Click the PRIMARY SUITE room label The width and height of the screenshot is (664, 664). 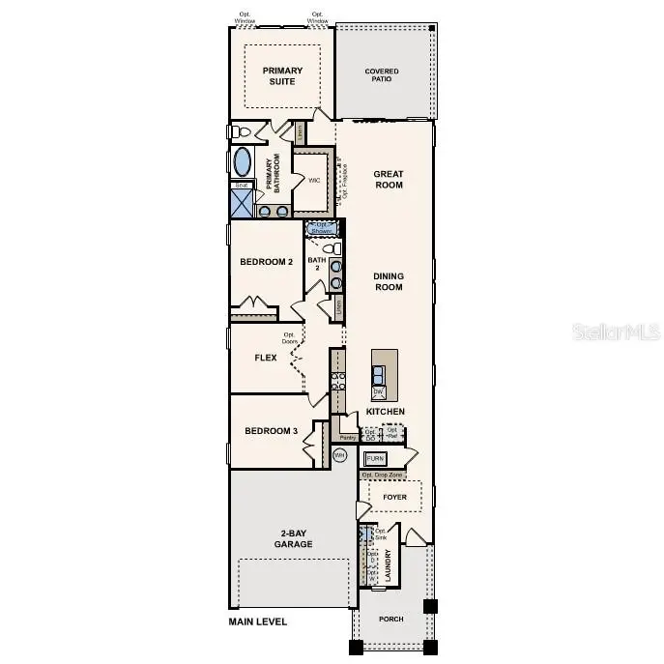tap(282, 75)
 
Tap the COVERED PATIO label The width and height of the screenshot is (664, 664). tap(382, 76)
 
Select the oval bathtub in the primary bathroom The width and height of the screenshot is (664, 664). tap(243, 161)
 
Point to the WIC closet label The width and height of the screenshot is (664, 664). tap(314, 181)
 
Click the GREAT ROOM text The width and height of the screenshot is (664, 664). tap(389, 179)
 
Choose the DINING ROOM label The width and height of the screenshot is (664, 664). tap(389, 281)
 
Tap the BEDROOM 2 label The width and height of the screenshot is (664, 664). tap(266, 262)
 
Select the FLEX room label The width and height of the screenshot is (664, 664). tap(265, 358)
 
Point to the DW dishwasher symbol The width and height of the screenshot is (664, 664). tap(379, 391)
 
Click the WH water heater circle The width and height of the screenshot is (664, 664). tap(339, 453)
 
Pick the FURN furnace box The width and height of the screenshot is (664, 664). tap(375, 459)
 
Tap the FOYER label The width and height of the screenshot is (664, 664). tap(394, 498)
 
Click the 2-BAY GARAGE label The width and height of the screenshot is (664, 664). tap(293, 539)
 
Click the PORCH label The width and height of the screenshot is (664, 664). tap(391, 619)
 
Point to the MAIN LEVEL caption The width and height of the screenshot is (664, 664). tap(257, 621)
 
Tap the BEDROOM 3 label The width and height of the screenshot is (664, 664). tap(270, 431)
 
